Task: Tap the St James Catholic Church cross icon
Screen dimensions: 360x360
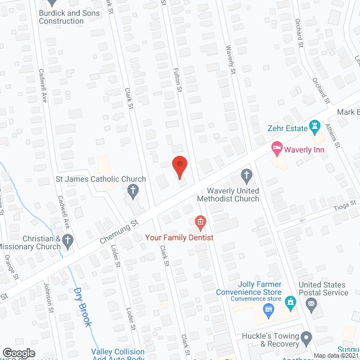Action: pos(133,192)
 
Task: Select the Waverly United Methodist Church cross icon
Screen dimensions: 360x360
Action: pos(246,175)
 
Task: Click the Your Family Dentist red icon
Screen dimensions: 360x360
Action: pos(199,223)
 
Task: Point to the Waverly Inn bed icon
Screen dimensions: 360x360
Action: pos(276,149)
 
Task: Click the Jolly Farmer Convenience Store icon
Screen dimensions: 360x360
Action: pos(268,309)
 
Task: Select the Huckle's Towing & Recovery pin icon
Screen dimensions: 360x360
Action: pos(306,339)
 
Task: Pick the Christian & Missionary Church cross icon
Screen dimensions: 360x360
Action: pos(67,242)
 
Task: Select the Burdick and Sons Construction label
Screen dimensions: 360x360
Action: pos(61,17)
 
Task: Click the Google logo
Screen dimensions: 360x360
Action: pos(19,353)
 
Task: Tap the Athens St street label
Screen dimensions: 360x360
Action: pos(335,136)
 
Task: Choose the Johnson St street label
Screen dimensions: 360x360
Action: pos(49,298)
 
